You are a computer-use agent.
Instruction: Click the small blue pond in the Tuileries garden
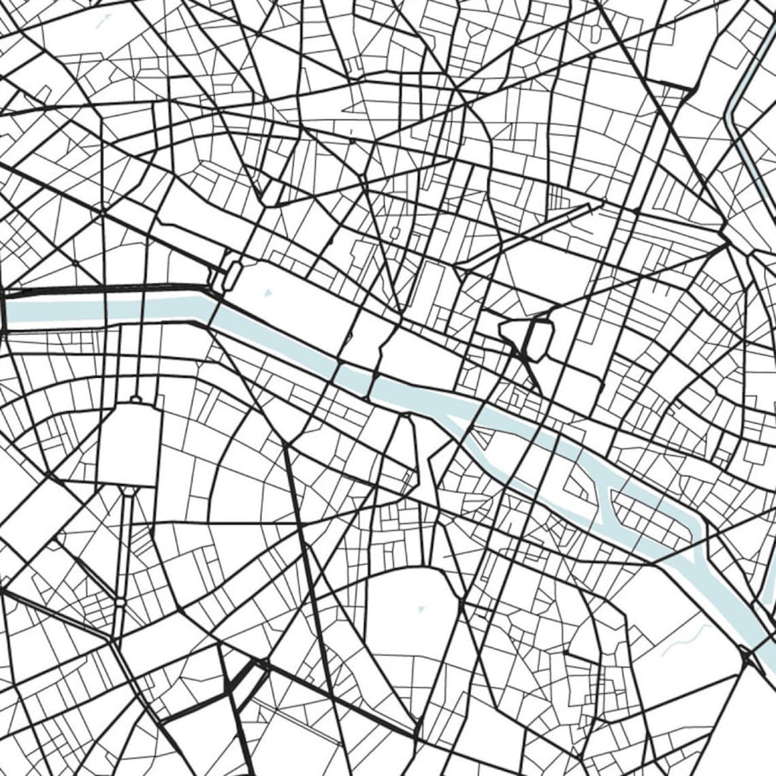click(267, 293)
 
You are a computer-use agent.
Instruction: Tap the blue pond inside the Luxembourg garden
click(421, 607)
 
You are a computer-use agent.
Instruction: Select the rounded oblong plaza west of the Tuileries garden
click(232, 274)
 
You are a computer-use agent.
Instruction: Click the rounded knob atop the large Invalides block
click(135, 398)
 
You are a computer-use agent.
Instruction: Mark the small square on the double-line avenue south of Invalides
click(120, 602)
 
